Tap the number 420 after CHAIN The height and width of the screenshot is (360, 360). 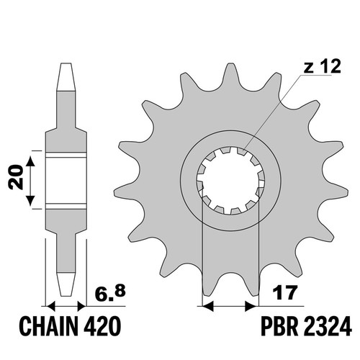tap(102, 325)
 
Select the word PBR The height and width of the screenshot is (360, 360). tap(277, 325)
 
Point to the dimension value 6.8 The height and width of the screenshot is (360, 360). tap(110, 293)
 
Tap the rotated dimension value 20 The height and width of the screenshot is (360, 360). tap(16, 177)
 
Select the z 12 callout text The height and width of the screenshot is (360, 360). tap(323, 66)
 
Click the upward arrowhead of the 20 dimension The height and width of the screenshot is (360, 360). tap(30, 161)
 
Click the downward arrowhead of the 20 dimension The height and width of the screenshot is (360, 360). tap(30, 200)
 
